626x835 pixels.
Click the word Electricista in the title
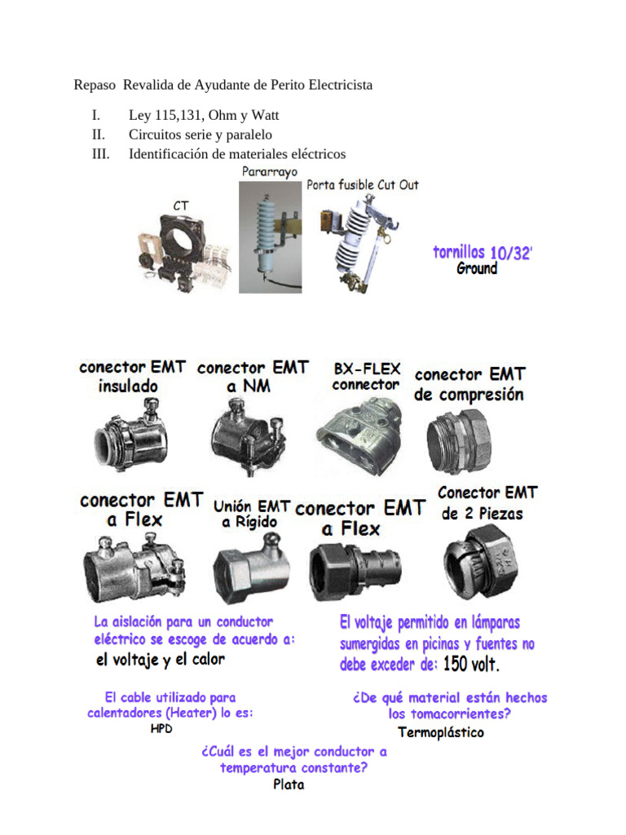click(x=341, y=85)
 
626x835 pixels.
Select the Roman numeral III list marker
click(x=100, y=154)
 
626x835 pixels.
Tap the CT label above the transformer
click(x=181, y=205)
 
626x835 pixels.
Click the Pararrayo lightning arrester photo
click(x=271, y=237)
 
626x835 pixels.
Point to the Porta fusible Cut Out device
click(x=359, y=244)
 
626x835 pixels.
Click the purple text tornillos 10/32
click(x=483, y=253)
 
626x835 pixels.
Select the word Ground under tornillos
click(x=477, y=267)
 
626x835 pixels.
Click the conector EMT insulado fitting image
click(x=130, y=435)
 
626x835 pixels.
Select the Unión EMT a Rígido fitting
click(x=251, y=569)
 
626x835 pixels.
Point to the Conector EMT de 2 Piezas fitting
click(x=481, y=561)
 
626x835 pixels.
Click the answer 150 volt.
click(x=471, y=664)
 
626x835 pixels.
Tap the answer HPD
click(x=161, y=728)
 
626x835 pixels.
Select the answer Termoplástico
click(x=441, y=733)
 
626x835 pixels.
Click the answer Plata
click(x=289, y=784)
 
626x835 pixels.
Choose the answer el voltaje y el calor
click(x=161, y=660)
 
